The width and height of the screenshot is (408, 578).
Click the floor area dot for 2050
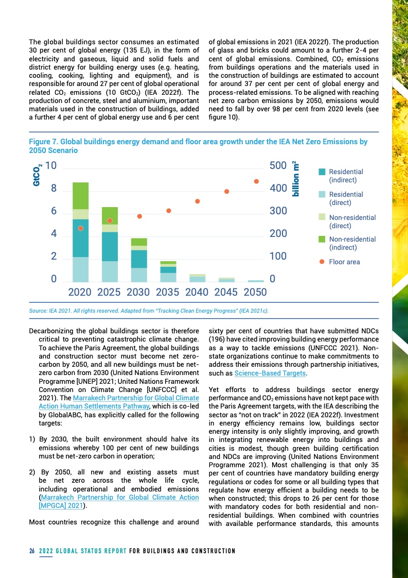coord(256,181)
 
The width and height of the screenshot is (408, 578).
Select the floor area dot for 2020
coord(80,228)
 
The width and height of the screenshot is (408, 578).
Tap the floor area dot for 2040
coord(197,201)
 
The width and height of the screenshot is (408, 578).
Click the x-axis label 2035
coord(168,292)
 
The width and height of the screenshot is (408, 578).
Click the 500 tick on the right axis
coord(278,166)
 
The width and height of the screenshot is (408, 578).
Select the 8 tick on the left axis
coord(54,189)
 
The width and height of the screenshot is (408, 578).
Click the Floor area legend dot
coord(322,262)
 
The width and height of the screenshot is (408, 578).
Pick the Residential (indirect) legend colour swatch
coord(322,172)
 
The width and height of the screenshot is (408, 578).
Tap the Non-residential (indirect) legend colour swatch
coord(322,239)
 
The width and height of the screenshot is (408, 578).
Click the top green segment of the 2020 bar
coord(80,196)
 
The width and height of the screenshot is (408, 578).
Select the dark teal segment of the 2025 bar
coord(110,246)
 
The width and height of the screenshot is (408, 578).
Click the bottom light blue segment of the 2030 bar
coord(139,275)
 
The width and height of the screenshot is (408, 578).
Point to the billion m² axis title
coord(296,178)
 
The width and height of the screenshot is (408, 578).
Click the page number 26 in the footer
coord(32,551)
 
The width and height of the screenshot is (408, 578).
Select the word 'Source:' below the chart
coord(39,311)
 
